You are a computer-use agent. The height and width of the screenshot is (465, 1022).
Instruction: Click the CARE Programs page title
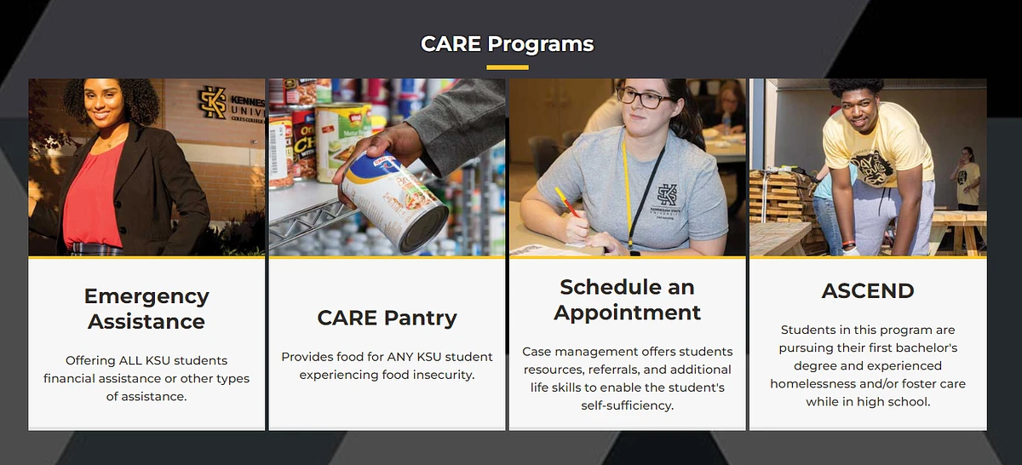[507, 43]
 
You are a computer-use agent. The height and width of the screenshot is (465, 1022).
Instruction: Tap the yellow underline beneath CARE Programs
[507, 67]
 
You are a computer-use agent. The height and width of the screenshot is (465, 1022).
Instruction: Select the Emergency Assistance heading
[146, 308]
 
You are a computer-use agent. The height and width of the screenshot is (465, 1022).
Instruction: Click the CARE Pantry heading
[387, 318]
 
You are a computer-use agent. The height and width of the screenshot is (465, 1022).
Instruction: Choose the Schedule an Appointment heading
[627, 299]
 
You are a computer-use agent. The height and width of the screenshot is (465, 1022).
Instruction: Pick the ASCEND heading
[867, 290]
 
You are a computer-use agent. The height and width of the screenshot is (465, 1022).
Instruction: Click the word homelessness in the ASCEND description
[809, 383]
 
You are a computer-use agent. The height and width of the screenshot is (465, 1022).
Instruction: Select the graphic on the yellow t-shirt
[878, 163]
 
